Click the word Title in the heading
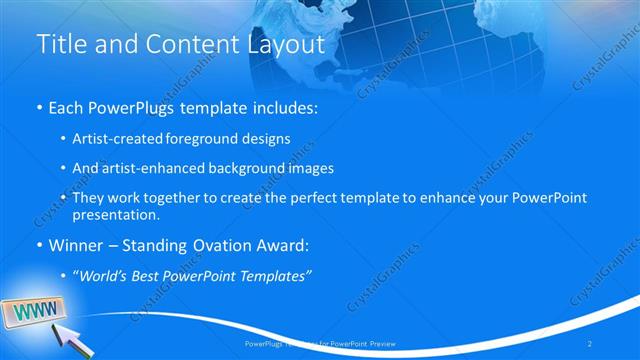(59, 44)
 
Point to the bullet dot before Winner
(39, 245)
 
